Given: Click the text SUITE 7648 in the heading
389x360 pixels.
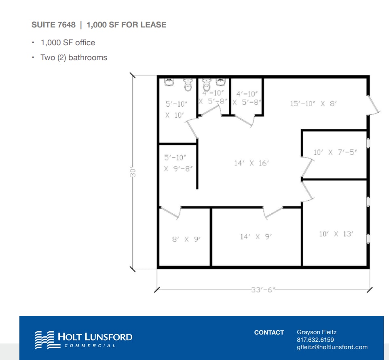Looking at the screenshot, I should click(53, 25).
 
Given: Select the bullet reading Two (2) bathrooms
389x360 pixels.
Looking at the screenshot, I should click(74, 57).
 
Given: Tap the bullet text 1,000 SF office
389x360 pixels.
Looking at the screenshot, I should click(68, 42).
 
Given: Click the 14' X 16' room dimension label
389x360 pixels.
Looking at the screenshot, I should click(252, 163).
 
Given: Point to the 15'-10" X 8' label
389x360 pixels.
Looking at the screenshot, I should click(313, 103).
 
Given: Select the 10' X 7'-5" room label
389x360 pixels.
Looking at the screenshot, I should click(335, 153).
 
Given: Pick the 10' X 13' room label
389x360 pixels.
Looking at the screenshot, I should click(336, 234).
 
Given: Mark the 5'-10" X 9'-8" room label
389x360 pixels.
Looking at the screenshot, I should click(177, 163).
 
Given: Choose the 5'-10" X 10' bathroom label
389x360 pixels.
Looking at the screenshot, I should click(176, 109).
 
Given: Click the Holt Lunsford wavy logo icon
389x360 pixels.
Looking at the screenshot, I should click(44, 340).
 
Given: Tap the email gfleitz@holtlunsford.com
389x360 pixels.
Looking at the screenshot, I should click(332, 347).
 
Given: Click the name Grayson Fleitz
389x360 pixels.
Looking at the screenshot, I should click(316, 332).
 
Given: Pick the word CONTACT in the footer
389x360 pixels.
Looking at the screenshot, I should click(269, 333).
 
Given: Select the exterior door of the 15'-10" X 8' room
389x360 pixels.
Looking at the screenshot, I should click(374, 105).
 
